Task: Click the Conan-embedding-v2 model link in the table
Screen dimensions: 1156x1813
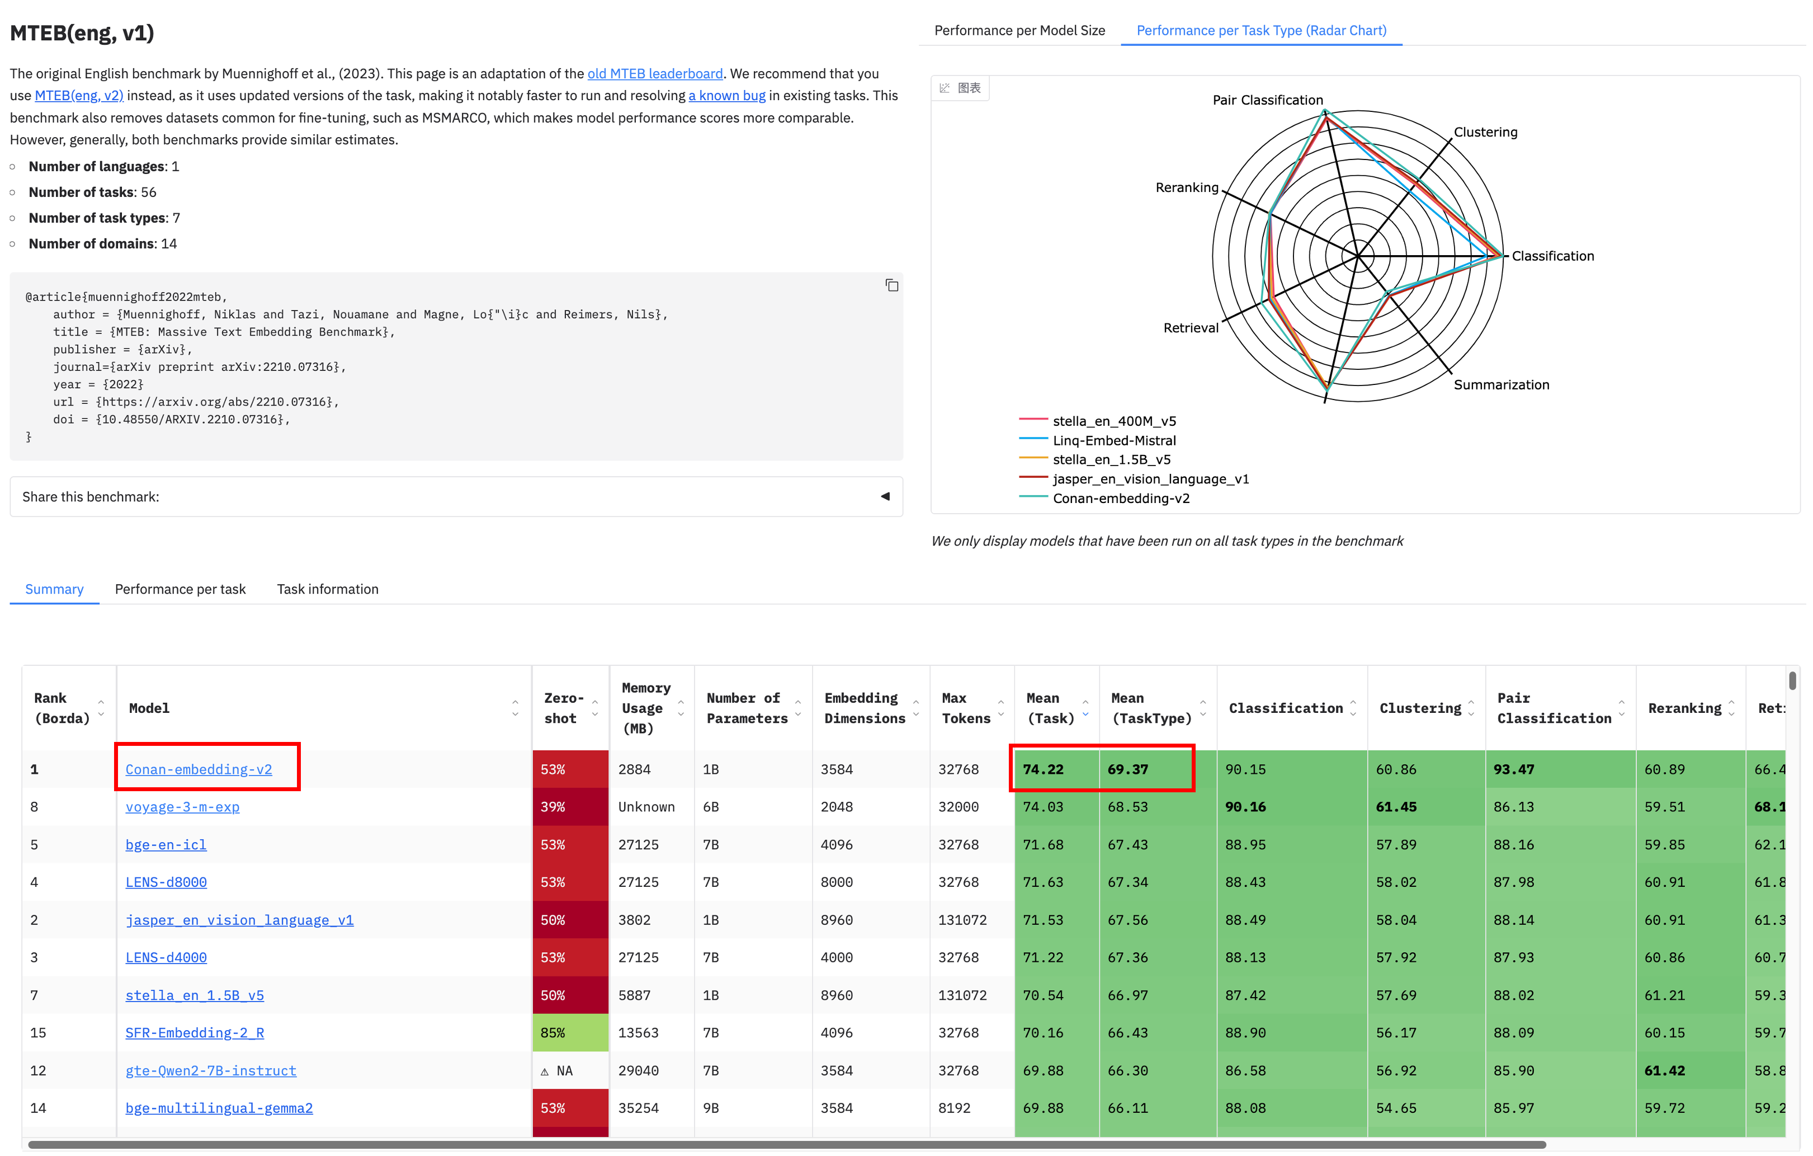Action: (x=199, y=769)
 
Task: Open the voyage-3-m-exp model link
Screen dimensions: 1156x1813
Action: (x=182, y=806)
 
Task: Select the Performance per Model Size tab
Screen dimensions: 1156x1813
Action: (x=1019, y=30)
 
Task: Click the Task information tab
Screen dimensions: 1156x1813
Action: (x=328, y=589)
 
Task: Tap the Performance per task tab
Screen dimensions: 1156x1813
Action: (x=180, y=589)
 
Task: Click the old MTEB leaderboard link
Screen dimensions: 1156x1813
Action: (x=654, y=73)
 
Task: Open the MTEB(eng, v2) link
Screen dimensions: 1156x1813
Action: (x=79, y=96)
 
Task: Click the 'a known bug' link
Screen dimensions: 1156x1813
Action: (x=726, y=96)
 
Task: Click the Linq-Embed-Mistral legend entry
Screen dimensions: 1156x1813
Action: (x=1113, y=440)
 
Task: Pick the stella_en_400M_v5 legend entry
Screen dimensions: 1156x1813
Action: (x=1113, y=421)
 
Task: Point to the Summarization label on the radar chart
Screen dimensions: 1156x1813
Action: (x=1500, y=385)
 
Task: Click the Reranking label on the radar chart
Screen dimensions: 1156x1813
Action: (x=1187, y=187)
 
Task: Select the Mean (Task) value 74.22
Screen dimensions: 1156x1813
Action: (x=1043, y=769)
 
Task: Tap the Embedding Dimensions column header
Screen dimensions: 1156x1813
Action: (x=865, y=708)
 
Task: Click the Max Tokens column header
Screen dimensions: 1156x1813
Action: (x=965, y=708)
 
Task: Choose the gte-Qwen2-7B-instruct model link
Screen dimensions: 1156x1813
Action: (x=211, y=1070)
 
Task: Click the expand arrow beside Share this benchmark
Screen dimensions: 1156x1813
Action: (x=885, y=496)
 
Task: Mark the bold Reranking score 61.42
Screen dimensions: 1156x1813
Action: (x=1664, y=1070)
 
